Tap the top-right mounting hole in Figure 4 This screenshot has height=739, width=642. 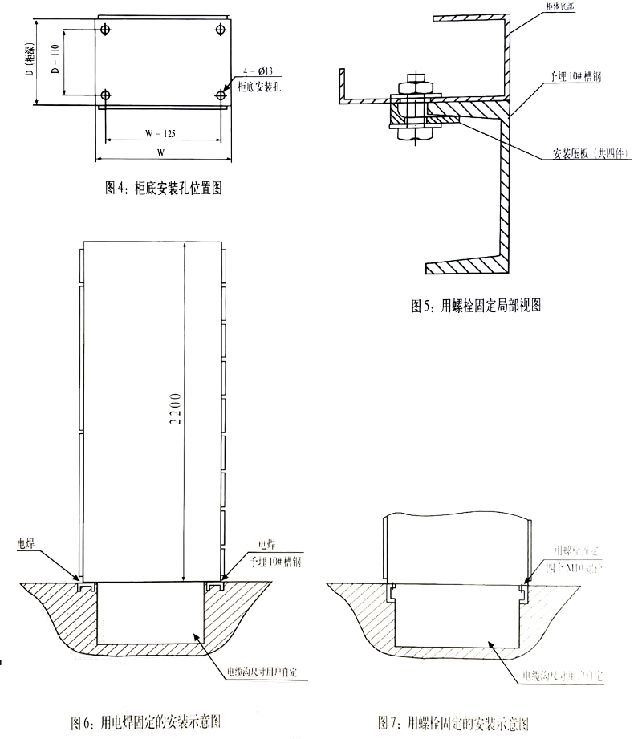coord(221,30)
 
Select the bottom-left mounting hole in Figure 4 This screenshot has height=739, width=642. coord(106,95)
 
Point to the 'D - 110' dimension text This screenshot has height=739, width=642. coord(56,63)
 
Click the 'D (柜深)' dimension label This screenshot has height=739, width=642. coord(30,63)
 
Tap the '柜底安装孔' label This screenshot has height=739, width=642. coord(258,83)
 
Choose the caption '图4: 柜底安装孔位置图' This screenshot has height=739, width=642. coord(163,189)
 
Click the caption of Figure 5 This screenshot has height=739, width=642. coord(477,305)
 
